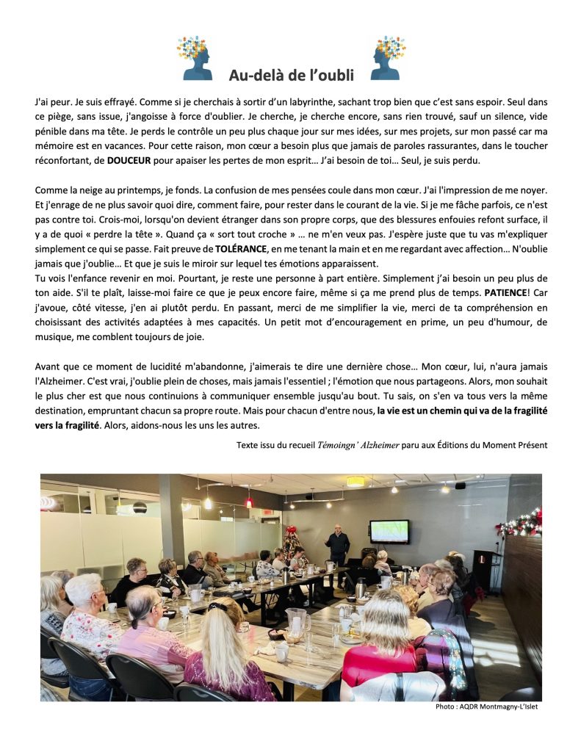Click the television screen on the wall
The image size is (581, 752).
pos(389,531)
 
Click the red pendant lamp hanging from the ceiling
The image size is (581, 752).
pos(249,502)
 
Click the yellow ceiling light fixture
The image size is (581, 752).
pos(356,481)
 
